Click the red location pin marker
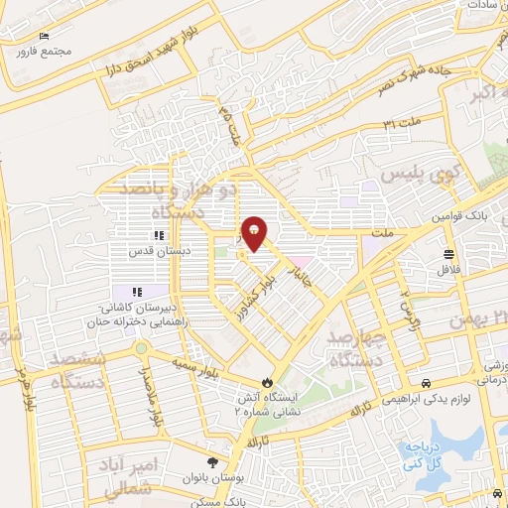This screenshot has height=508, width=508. [254, 232]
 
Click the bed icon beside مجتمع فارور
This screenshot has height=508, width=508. [42, 37]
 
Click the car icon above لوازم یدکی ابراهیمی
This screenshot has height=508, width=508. [426, 384]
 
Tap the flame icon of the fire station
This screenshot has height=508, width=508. [267, 383]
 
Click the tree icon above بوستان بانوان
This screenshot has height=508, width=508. [212, 462]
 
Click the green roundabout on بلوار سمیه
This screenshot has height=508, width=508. [142, 348]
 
